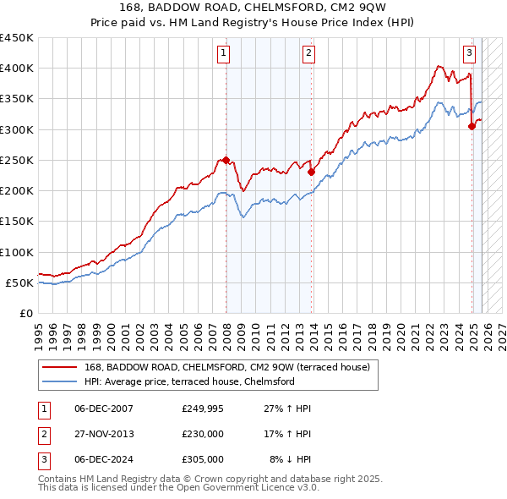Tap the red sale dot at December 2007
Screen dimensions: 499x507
pyautogui.click(x=226, y=160)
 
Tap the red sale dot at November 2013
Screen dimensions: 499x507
pyautogui.click(x=312, y=172)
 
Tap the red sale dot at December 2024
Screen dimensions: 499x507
pyautogui.click(x=472, y=126)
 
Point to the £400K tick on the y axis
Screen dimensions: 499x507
pyautogui.click(x=18, y=69)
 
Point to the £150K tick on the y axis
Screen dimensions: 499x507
pyautogui.click(x=18, y=222)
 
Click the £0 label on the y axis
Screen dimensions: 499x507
pyautogui.click(x=27, y=313)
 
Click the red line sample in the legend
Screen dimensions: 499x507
pyautogui.click(x=61, y=368)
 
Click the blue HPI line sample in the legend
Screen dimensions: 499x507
pyautogui.click(x=61, y=382)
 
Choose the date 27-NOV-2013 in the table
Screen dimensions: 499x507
pyautogui.click(x=104, y=434)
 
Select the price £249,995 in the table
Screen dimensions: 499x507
pyautogui.click(x=203, y=409)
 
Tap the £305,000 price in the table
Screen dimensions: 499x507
pyautogui.click(x=203, y=459)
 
